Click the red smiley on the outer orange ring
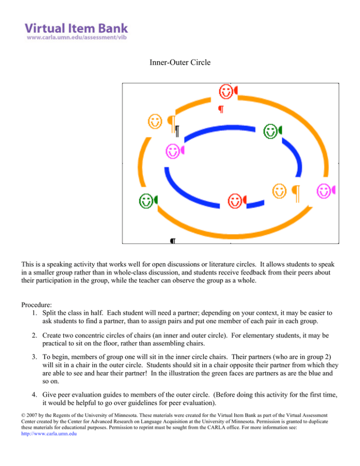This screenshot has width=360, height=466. point(226,92)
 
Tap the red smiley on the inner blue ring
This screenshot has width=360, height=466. point(235,201)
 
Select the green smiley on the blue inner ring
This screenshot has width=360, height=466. point(270,131)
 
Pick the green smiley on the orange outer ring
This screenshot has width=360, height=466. point(146,201)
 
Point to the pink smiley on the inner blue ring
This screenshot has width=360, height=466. point(173,151)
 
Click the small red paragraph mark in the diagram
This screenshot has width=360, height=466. point(221,110)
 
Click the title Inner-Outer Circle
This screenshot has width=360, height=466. point(180,61)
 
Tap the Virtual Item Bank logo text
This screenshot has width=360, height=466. point(76,27)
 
